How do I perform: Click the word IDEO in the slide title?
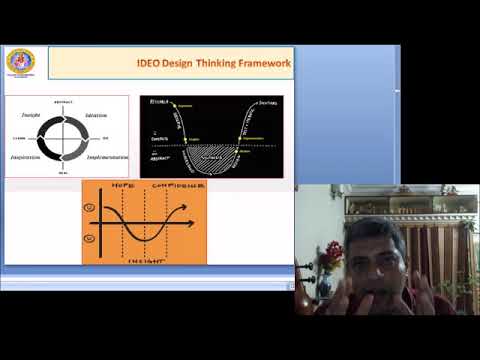pyautogui.click(x=148, y=63)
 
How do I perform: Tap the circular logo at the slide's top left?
pyautogui.click(x=20, y=62)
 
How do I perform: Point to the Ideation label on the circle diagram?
pyautogui.click(x=98, y=115)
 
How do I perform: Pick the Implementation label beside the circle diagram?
pyautogui.click(x=104, y=157)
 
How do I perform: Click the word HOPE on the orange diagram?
pyautogui.click(x=121, y=187)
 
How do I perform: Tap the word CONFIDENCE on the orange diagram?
pyautogui.click(x=180, y=187)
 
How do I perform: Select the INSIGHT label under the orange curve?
pyautogui.click(x=142, y=258)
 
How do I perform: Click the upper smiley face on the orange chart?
pyautogui.click(x=91, y=208)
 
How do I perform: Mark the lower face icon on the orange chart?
pyautogui.click(x=91, y=238)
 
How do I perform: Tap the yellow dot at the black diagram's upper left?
pyautogui.click(x=175, y=104)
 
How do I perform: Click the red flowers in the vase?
pyautogui.click(x=331, y=255)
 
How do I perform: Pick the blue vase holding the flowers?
pyautogui.click(x=326, y=286)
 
